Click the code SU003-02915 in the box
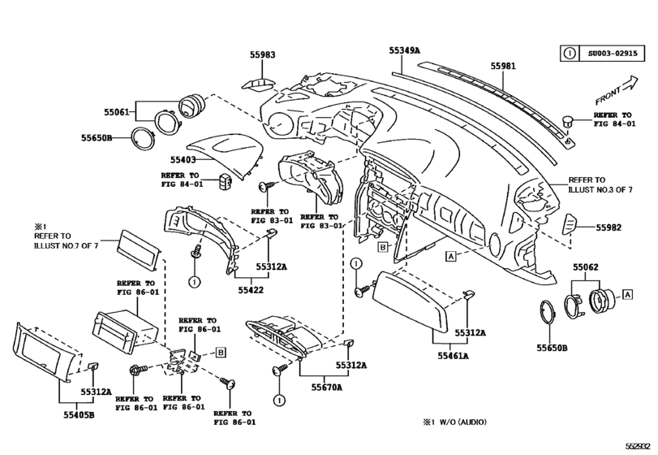(609, 54)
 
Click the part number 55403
(184, 160)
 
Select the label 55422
(249, 288)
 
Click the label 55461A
(454, 355)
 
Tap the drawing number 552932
(639, 446)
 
